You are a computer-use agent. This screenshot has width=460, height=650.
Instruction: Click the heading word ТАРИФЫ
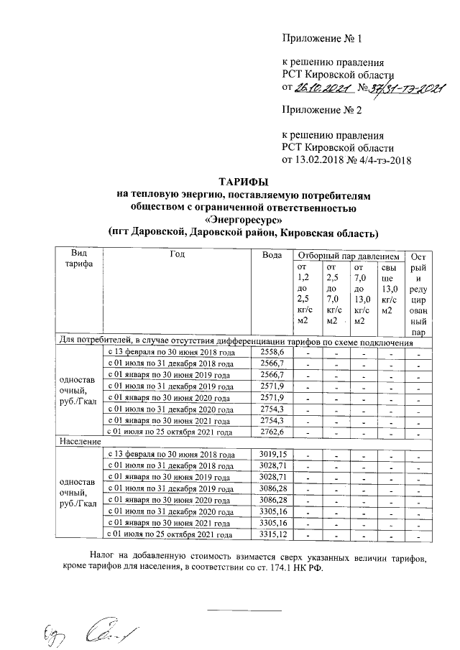click(x=247, y=181)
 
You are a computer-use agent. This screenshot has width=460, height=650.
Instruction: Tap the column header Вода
click(x=272, y=255)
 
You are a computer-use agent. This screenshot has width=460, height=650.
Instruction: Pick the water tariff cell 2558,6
click(x=272, y=352)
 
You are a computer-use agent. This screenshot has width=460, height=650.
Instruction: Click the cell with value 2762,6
click(x=272, y=432)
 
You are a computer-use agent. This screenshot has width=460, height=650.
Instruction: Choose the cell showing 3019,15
click(x=272, y=455)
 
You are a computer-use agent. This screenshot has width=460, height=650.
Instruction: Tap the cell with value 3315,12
click(x=272, y=535)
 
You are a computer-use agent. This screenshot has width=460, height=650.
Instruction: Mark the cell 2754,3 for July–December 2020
click(x=272, y=409)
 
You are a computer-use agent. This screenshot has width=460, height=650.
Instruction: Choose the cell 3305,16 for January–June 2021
click(x=272, y=524)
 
